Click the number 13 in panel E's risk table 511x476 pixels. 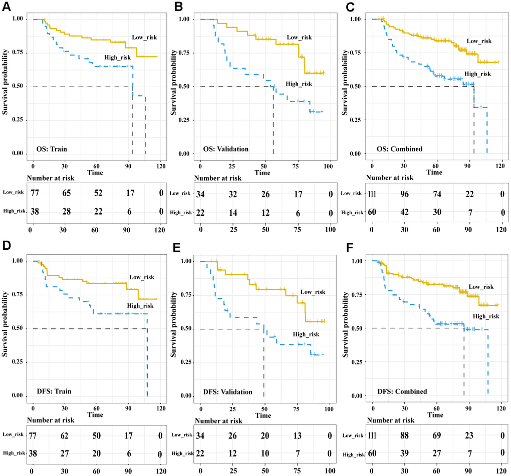click(297, 435)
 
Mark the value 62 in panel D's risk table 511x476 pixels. click(64, 435)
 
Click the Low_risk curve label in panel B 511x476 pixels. click(300, 38)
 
